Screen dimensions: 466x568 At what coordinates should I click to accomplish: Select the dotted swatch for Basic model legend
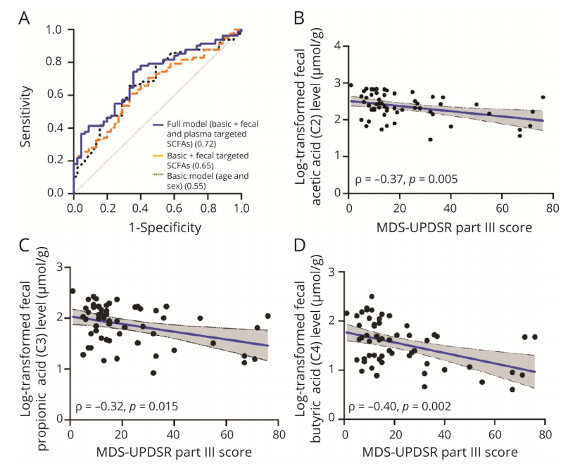point(158,174)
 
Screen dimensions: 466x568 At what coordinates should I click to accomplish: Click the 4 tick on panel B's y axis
point(339,46)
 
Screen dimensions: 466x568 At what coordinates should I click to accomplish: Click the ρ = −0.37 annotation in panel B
point(376,180)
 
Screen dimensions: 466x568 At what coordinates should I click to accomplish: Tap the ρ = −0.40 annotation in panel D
point(373,407)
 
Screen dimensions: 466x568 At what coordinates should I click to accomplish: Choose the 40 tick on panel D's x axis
point(444,434)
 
